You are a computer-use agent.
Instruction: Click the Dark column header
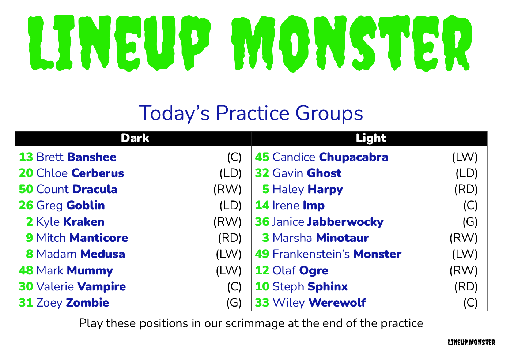pos(135,138)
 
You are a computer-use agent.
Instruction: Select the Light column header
pos(371,138)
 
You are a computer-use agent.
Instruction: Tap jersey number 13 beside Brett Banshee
pos(26,157)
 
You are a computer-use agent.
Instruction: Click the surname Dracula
pos(95,189)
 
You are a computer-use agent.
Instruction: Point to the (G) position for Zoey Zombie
pos(234,303)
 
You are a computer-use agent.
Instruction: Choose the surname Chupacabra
pos(354,157)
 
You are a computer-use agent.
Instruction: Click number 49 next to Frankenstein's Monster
pos(262,254)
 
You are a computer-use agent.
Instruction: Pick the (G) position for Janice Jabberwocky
pos(470,222)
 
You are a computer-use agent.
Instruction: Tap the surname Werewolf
pos(337,303)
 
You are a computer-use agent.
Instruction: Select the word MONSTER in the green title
pos(352,43)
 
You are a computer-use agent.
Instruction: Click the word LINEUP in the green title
pos(119,43)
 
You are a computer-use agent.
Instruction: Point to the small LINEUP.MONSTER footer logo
pos(471,342)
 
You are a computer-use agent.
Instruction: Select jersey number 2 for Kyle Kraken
pos(30,222)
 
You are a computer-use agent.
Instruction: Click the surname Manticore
pos(99,238)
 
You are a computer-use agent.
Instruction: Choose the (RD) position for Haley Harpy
pos(466,190)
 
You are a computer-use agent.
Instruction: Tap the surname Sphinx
pos(328,287)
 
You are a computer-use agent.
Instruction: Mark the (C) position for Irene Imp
pos(471,206)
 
